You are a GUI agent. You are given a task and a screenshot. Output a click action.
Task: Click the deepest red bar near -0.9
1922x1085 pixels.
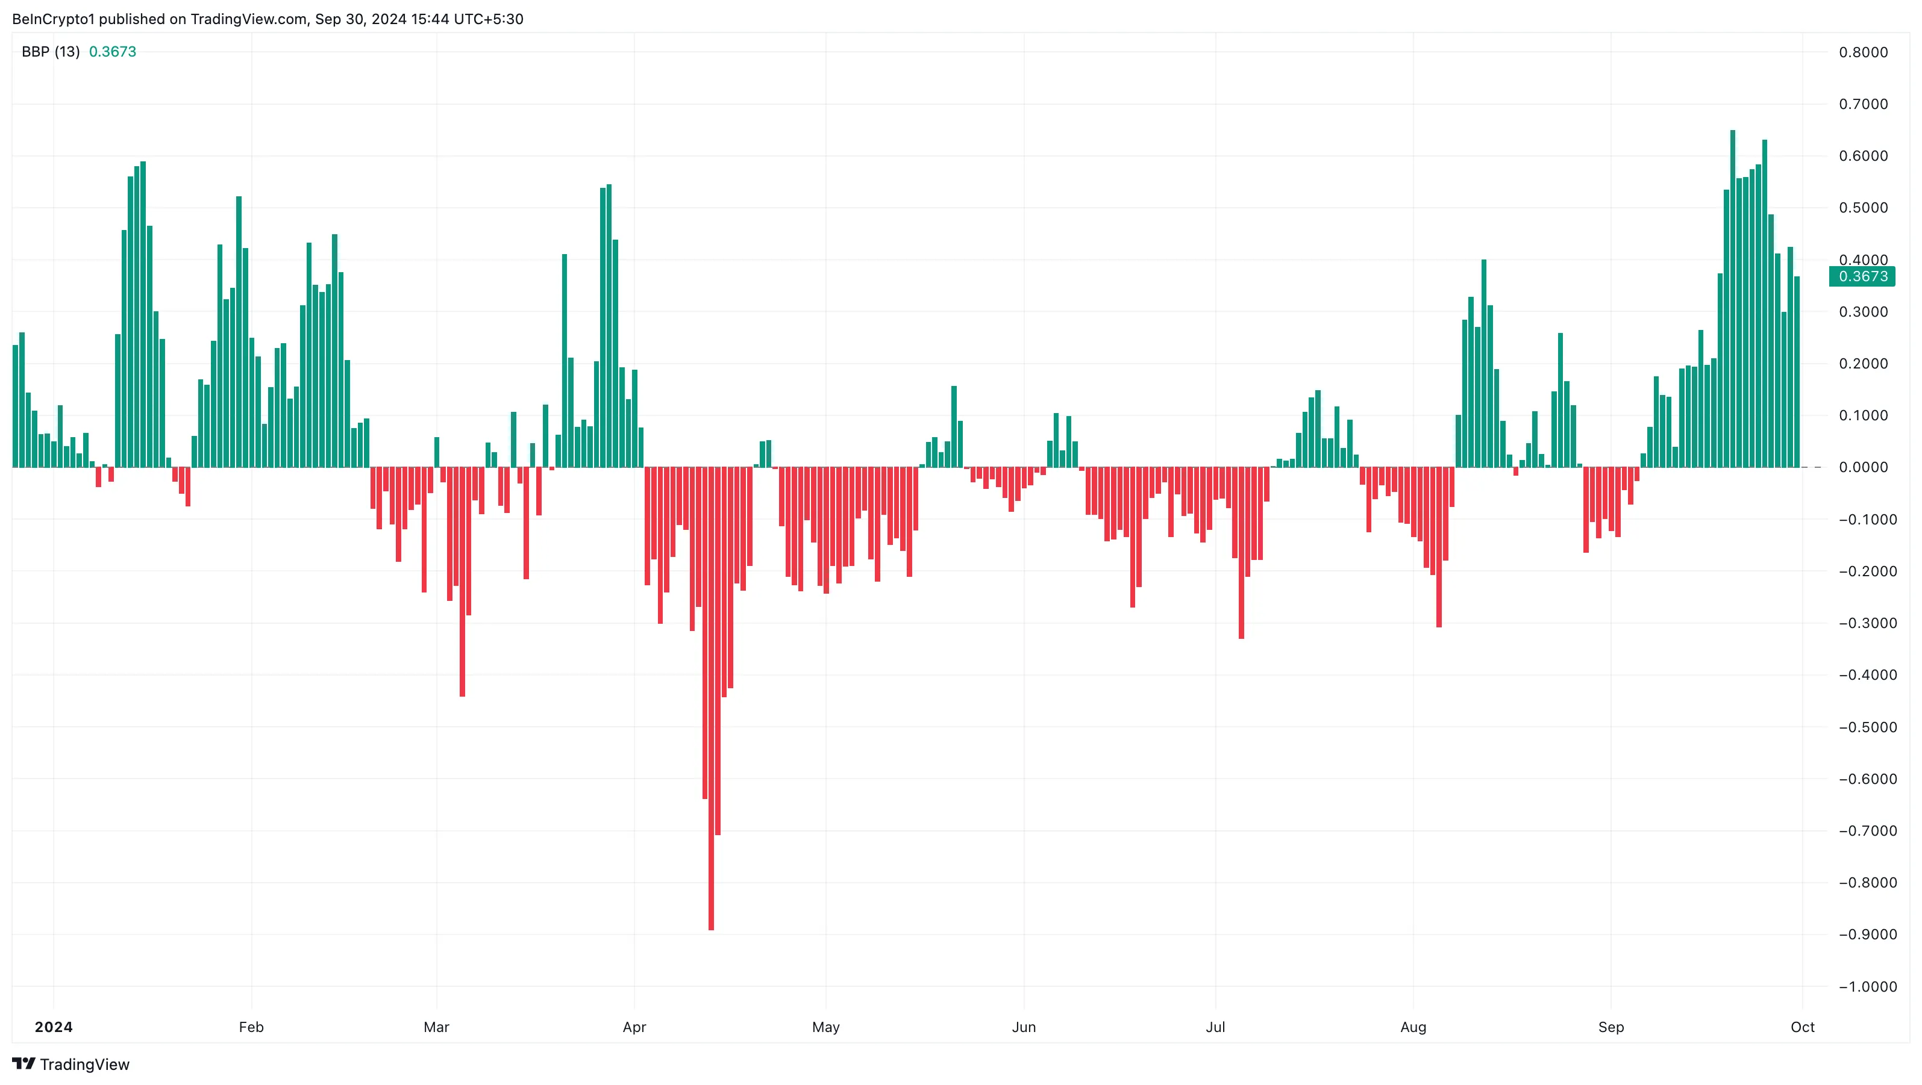tap(711, 697)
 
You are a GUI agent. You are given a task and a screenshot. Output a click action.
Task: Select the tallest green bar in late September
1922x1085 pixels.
tap(1732, 298)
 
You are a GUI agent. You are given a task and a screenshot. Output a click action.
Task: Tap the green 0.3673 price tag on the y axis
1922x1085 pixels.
tap(1862, 276)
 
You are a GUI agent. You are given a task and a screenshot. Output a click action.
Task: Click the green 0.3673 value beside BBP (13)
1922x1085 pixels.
tap(113, 51)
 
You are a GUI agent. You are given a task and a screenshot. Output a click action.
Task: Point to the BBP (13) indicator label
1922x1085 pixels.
tap(50, 51)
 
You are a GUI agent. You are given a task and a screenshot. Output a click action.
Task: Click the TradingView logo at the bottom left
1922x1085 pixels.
tap(71, 1063)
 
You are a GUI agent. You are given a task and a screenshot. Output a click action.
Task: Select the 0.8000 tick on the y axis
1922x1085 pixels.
tap(1863, 52)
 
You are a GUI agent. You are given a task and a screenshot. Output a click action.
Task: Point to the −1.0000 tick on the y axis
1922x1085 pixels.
tap(1862, 987)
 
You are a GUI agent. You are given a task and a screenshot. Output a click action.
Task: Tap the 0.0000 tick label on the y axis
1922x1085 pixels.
tap(1863, 468)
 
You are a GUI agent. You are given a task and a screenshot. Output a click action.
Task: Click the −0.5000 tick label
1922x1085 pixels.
tap(1862, 727)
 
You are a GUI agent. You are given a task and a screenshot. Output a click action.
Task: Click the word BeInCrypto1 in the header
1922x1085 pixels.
tap(54, 19)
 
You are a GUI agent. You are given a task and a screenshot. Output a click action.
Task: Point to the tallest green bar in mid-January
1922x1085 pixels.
tap(143, 313)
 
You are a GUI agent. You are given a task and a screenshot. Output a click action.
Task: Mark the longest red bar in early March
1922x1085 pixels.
tap(463, 582)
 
